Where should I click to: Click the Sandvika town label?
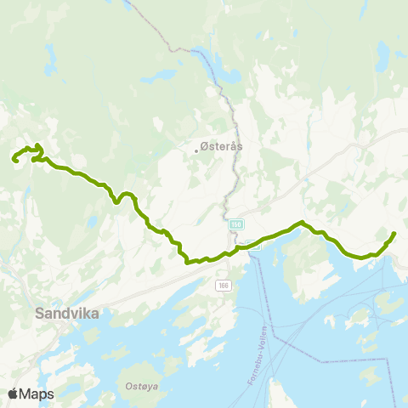pyautogui.click(x=67, y=314)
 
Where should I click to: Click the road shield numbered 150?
pyautogui.click(x=235, y=224)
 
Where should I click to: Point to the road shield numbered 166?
pyautogui.click(x=222, y=285)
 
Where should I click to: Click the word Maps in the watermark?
pyautogui.click(x=37, y=394)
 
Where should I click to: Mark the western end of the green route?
pyautogui.click(x=13, y=159)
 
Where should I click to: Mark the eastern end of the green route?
pyautogui.click(x=394, y=233)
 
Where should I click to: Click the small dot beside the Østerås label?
pyautogui.click(x=196, y=150)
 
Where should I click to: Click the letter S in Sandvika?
pyautogui.click(x=41, y=314)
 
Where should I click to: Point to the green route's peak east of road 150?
pyautogui.click(x=301, y=224)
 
